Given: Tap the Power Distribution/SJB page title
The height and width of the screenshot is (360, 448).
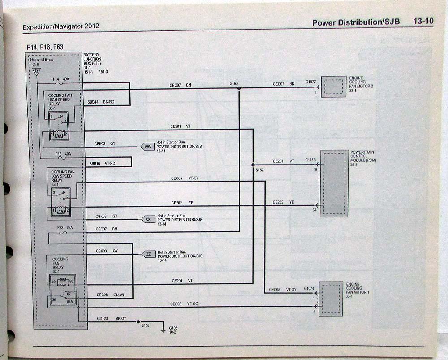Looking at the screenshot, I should pos(356,22).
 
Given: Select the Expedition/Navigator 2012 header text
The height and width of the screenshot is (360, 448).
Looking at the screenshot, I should pos(61,26).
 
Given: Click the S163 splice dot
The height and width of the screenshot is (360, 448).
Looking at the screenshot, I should pos(239,88).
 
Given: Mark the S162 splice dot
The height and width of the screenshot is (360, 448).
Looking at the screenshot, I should pos(253,164).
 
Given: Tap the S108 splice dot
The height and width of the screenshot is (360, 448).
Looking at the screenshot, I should pos(138,322).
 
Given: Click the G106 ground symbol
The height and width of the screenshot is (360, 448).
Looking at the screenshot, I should pos(163,331).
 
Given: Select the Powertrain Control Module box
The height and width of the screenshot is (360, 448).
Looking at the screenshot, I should pos(334,183).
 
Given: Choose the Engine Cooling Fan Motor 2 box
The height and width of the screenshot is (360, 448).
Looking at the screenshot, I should pos(333,87).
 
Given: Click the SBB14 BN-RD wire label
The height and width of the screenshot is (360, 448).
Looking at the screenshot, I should pos(102,102).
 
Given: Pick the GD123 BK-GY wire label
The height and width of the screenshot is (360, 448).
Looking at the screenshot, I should pos(112,318).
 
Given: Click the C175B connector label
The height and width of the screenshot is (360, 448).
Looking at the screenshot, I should pos(310,160).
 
